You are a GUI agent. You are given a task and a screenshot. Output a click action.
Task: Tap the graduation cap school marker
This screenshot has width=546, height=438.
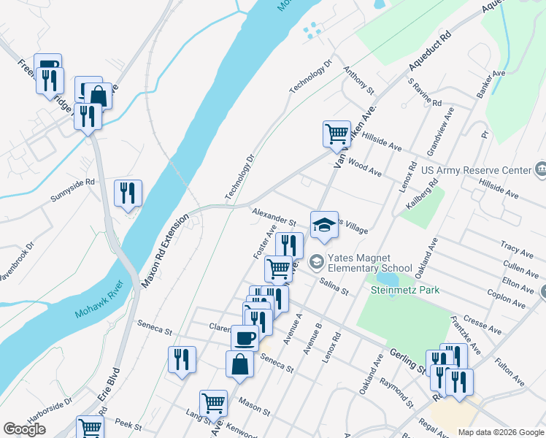tap(325, 226)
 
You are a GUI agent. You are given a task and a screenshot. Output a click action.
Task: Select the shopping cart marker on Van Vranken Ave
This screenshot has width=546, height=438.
tap(337, 134)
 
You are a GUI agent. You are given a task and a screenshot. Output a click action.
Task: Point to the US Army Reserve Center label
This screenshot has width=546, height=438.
tap(477, 170)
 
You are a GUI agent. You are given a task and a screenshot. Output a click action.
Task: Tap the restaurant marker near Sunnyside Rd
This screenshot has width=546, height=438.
tap(128, 193)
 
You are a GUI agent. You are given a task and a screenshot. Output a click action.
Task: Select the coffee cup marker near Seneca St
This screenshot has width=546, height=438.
tap(245, 338)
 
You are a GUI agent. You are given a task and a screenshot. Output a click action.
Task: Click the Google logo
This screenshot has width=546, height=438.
tap(24, 429)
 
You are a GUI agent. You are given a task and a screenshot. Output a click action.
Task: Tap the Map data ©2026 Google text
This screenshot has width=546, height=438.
tap(501, 432)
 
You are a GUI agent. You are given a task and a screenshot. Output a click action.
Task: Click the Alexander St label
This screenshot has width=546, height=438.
tap(273, 216)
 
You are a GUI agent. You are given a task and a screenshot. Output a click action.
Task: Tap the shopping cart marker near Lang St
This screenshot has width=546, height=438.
tap(213, 403)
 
